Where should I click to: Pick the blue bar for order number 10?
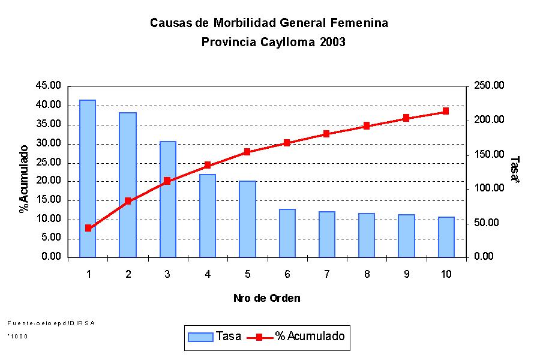446,237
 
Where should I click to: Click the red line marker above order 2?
128,201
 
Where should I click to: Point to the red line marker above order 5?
247,152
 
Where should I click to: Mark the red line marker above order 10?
446,111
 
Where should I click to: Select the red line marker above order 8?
366,126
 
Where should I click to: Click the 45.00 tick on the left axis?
49,86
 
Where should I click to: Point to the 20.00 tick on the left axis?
49,181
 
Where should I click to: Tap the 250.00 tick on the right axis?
490,86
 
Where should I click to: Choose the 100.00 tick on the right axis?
490,188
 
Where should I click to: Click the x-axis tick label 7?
326,274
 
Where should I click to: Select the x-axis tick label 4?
207,274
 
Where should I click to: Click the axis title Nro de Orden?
266,298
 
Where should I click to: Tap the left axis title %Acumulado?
24,178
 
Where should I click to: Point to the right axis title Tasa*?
515,171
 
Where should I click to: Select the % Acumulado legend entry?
296,337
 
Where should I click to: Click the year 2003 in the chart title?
332,43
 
